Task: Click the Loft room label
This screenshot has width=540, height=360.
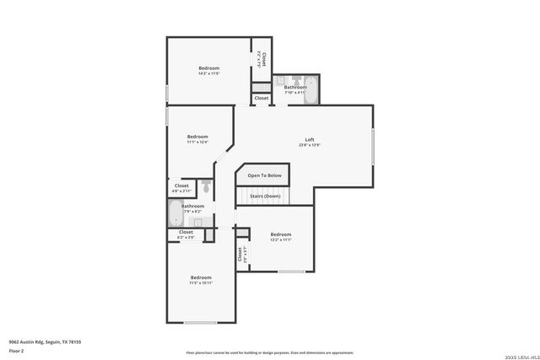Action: click(309, 139)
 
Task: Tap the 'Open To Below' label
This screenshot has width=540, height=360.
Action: click(264, 175)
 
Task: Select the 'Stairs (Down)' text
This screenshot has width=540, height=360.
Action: click(265, 196)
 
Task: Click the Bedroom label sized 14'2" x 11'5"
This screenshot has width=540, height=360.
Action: click(208, 68)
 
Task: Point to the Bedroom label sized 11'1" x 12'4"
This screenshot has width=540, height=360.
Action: click(197, 137)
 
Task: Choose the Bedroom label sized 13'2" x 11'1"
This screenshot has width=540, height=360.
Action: click(280, 234)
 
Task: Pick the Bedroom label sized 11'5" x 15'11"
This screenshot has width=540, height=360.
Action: click(200, 277)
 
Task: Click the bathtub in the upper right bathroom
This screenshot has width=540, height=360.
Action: click(309, 88)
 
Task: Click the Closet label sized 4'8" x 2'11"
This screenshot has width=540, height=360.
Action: click(181, 185)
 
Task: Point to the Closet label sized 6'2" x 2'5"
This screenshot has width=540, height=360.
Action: click(186, 232)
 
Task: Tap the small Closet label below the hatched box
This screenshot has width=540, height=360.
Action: click(262, 98)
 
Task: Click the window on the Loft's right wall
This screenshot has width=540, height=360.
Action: click(372, 146)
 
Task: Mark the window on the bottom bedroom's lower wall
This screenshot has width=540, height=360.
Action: click(200, 322)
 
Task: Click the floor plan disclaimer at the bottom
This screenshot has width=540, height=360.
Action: click(269, 352)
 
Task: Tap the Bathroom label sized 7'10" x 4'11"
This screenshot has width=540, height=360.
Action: click(295, 88)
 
